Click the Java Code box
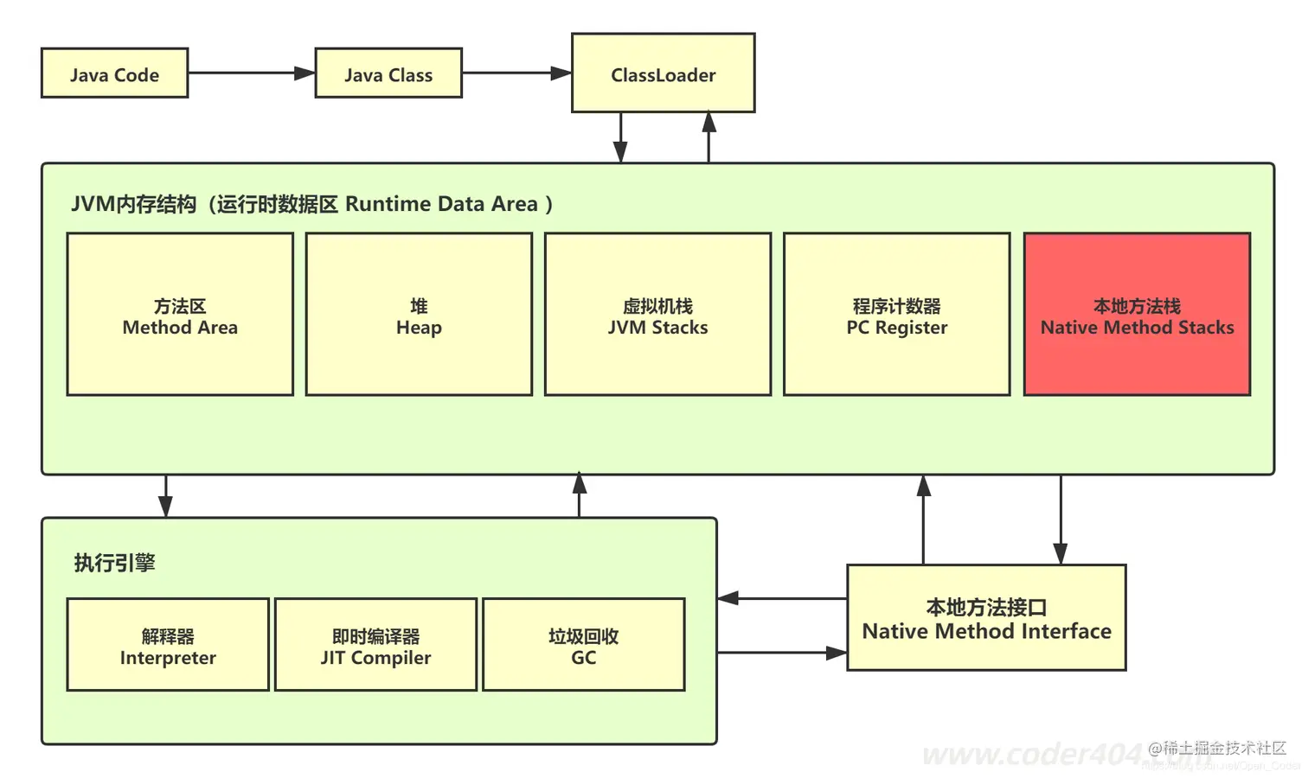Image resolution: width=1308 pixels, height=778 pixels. (114, 73)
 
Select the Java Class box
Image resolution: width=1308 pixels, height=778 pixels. (388, 73)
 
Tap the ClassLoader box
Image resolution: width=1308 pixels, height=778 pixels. (663, 73)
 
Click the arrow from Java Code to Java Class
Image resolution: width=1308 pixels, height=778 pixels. (251, 73)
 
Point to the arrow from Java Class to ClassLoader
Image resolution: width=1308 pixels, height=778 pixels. (516, 73)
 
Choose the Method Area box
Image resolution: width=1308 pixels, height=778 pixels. (180, 315)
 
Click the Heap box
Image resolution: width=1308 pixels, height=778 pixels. (419, 315)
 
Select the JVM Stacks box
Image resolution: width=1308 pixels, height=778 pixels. (657, 315)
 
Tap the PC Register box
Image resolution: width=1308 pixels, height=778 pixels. (896, 315)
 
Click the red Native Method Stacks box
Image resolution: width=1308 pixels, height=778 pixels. (1137, 315)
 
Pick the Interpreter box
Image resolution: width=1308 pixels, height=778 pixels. (168, 645)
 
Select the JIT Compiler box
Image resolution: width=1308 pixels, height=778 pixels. (375, 645)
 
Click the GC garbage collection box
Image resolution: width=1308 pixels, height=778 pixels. (583, 645)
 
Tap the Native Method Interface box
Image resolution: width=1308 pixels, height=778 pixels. (986, 618)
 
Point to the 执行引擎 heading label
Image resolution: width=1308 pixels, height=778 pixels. (114, 563)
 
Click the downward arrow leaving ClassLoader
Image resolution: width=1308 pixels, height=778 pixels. (620, 137)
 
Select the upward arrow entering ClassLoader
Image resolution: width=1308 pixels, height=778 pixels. (708, 137)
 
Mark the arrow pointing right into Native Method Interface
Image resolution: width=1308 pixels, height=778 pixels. (782, 653)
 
